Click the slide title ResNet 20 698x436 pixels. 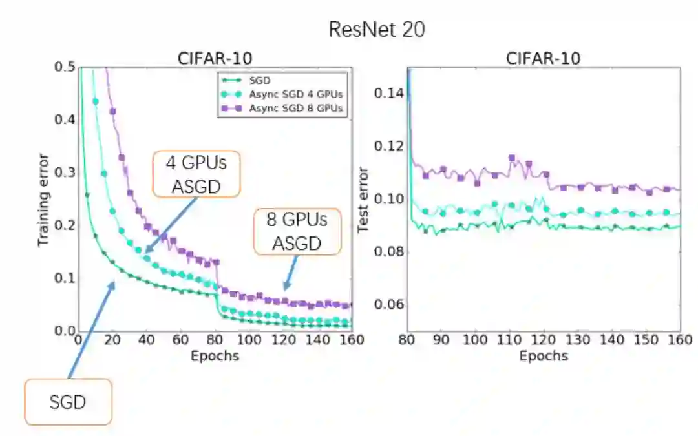point(377,29)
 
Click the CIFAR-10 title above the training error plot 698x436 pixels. point(215,58)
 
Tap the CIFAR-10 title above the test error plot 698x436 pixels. point(543,58)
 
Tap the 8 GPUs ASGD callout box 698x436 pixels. point(297,231)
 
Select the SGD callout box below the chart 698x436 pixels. point(68,402)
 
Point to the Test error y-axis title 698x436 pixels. point(363,200)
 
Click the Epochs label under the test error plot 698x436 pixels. point(543,356)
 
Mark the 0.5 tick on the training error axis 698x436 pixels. point(66,67)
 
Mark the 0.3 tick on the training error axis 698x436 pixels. point(66,172)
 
